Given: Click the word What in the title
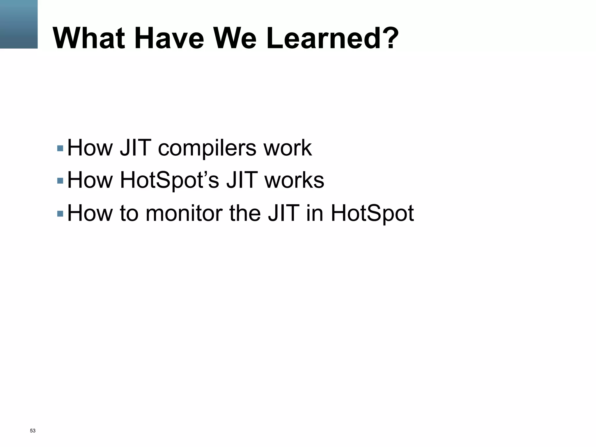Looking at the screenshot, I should (x=89, y=38).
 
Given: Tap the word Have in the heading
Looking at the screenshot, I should (x=169, y=38).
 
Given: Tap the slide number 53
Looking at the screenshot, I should (x=33, y=431).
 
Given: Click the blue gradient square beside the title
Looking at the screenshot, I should (x=19, y=24).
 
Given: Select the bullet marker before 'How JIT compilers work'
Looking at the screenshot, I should (x=60, y=148).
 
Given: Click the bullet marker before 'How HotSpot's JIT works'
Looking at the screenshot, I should (x=60, y=181).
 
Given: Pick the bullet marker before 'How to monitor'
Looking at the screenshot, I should (x=60, y=214).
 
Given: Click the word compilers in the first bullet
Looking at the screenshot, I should (x=207, y=148).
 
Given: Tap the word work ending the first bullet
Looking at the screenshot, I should (x=288, y=148).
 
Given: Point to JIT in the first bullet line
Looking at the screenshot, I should (x=136, y=148).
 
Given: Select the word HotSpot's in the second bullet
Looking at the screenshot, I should (x=169, y=180).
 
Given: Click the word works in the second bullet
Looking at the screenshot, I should (x=294, y=180).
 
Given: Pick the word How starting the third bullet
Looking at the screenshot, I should (x=90, y=213).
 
